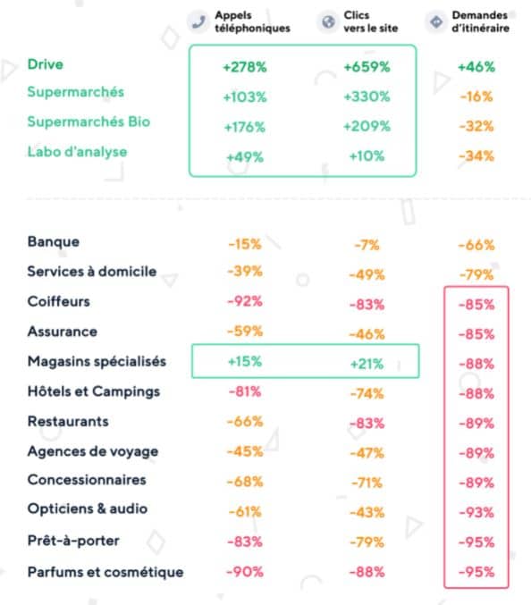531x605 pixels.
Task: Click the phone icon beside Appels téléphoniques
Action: [198, 22]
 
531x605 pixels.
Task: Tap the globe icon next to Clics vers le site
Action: [328, 22]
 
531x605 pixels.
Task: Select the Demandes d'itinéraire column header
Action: [480, 21]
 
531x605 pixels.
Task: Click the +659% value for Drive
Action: [367, 67]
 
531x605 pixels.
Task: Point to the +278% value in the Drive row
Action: [245, 67]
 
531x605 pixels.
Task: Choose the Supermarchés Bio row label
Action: [88, 122]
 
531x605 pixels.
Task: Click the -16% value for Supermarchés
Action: [476, 97]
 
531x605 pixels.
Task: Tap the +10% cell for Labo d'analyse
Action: [367, 156]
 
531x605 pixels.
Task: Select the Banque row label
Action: [54, 242]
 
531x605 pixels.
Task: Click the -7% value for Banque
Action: [367, 245]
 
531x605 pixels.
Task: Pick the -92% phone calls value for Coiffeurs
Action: [245, 301]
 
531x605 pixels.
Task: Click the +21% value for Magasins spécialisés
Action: [367, 364]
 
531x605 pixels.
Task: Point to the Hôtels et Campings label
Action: [94, 391]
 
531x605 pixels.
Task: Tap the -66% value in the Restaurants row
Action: [245, 421]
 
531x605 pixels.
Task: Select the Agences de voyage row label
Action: [93, 451]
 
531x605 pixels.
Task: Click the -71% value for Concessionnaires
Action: [367, 483]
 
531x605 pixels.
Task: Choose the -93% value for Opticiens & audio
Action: [476, 513]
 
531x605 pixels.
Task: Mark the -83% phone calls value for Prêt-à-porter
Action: [245, 542]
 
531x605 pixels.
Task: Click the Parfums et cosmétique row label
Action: [105, 572]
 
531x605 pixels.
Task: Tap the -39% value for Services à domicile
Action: [245, 272]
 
